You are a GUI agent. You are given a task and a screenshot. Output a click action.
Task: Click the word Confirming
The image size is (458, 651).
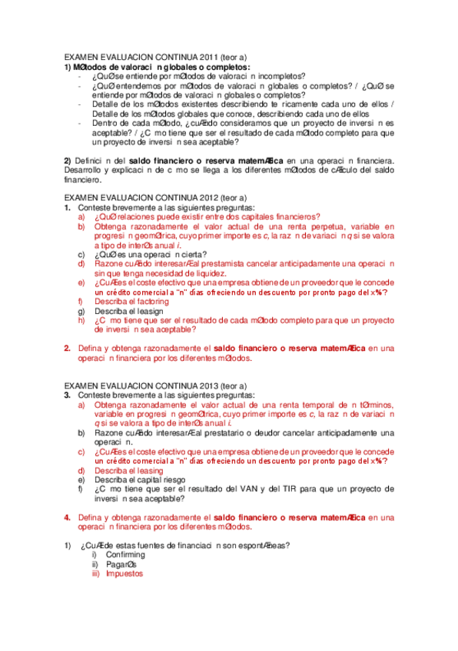pos(125,554)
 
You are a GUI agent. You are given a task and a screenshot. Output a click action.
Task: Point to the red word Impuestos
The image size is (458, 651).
pos(124,573)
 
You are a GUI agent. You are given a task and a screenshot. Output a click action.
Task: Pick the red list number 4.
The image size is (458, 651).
pos(67,517)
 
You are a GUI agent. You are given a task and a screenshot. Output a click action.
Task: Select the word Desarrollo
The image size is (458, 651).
pos(82,169)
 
